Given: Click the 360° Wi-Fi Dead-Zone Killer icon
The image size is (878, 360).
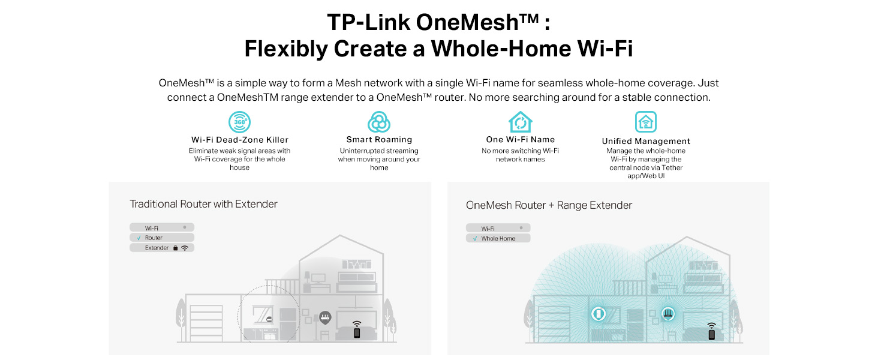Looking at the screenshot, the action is click(239, 122).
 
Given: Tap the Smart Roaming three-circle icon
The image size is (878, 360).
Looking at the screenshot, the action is click(378, 122).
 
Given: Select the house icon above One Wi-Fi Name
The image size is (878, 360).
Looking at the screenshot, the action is click(520, 122).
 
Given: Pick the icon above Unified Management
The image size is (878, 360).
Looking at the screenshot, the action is click(645, 122).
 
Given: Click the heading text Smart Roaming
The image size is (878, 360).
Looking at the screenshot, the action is click(378, 140).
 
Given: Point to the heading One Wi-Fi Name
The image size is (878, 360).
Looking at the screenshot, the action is click(520, 140).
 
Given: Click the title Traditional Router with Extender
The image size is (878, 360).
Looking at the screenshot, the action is click(203, 204).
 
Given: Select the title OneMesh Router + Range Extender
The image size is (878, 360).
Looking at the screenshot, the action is click(549, 205).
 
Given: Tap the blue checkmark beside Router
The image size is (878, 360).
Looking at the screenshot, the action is click(139, 238).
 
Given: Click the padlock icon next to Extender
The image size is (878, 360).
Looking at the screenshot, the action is click(175, 248).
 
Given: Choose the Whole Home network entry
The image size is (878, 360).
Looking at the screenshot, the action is click(498, 238).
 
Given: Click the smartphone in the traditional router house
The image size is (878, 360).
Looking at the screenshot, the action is click(357, 332).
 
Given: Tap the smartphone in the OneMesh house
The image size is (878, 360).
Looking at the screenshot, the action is click(711, 334).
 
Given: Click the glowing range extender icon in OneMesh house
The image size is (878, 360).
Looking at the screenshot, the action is click(599, 314).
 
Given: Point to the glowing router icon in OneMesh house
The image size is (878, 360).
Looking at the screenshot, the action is click(667, 313).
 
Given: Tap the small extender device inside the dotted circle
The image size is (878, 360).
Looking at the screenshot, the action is click(270, 320).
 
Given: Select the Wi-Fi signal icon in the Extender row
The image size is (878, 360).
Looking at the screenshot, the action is click(185, 248).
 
